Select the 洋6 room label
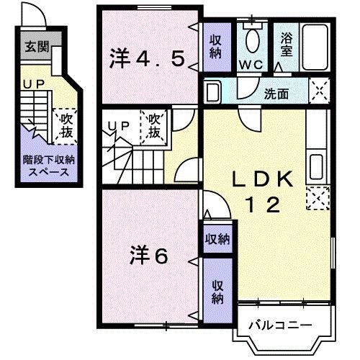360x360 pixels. point(150,255)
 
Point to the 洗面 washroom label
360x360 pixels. point(276,94)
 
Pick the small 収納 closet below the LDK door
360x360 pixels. point(216,238)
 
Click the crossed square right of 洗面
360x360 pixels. point(318,91)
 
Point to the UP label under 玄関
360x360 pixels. point(32,84)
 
